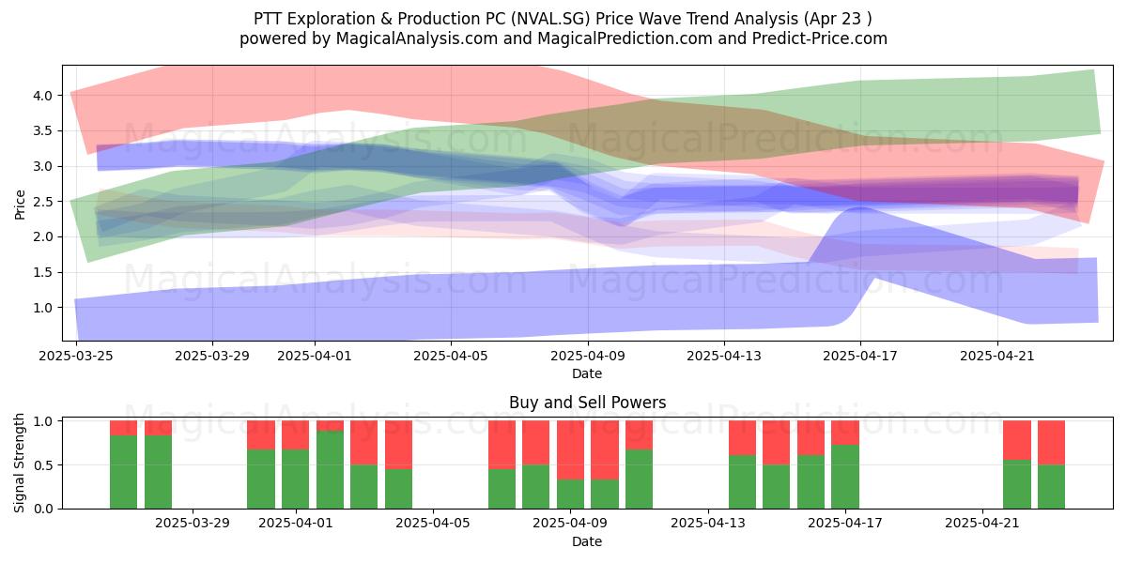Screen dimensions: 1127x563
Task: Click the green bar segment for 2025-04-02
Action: tap(330, 469)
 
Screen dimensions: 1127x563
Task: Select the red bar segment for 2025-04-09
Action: tap(571, 449)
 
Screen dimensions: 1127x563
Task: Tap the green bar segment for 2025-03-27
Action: tap(123, 472)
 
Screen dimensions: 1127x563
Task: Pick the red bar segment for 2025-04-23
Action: tap(1052, 442)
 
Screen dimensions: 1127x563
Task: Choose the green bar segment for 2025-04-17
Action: tap(845, 477)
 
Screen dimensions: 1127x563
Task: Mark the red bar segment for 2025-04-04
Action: tap(398, 445)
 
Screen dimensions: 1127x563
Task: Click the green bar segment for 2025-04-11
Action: tap(639, 479)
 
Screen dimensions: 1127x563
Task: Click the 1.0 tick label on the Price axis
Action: tap(43, 308)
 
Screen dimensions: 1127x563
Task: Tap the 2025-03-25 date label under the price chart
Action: tap(76, 356)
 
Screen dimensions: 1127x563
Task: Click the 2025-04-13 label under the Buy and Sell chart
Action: tap(708, 524)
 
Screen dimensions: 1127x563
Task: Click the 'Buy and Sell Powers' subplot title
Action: tap(588, 403)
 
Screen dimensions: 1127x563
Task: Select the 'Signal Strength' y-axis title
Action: tap(19, 463)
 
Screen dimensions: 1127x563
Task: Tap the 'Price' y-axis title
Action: tap(20, 205)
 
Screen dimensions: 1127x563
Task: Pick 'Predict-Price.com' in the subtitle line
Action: tap(820, 38)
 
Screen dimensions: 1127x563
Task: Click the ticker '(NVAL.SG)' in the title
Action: tap(551, 19)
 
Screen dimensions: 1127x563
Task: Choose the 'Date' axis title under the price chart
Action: tap(587, 373)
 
